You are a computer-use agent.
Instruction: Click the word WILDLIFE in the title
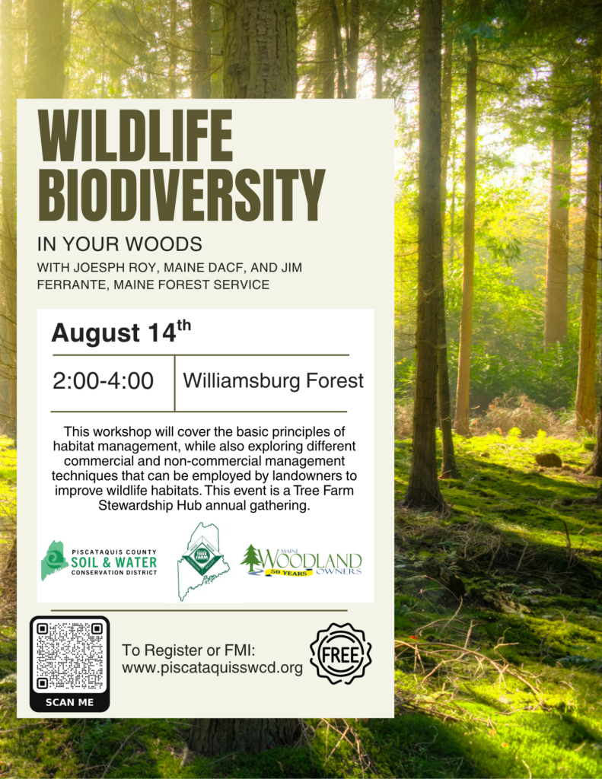pos(135,135)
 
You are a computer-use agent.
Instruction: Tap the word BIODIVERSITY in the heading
pos(181,195)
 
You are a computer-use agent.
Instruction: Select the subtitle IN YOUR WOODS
pos(119,244)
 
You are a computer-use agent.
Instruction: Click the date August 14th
pos(121,332)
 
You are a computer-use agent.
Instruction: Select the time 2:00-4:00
pos(103,381)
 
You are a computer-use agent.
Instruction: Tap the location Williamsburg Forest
pos(273,381)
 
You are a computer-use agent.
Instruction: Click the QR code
pos(69,656)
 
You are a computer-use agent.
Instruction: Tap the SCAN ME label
pos(69,702)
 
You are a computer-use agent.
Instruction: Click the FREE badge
pos(340,653)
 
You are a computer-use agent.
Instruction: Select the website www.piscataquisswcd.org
pos(212,668)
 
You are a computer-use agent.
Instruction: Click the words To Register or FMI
pos(189,650)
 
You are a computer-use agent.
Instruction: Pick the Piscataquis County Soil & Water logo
pos(99,561)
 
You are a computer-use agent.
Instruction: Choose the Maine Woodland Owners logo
pos(301,561)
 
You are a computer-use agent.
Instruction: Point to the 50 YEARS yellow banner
pos(288,573)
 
